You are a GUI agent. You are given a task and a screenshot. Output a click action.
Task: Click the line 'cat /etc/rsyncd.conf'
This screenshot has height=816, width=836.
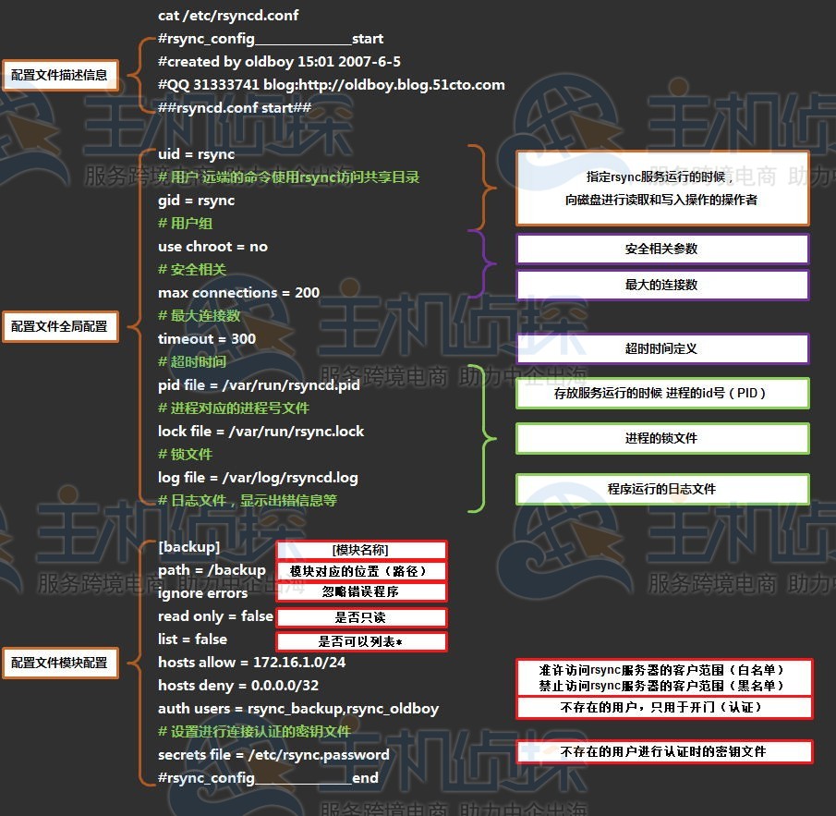228,16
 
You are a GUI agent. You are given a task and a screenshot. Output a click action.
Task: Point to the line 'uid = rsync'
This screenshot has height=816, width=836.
196,154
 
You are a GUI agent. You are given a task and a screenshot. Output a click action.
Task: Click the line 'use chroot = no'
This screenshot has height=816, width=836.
212,247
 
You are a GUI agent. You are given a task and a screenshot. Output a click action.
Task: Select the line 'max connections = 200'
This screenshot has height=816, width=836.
238,293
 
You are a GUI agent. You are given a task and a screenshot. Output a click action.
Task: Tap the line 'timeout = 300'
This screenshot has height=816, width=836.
207,339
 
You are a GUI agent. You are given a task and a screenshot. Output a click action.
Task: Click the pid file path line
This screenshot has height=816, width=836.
259,385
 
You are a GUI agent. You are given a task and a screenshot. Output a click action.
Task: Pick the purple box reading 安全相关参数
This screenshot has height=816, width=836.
661,250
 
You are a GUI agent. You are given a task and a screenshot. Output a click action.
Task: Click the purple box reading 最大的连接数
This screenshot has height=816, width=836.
661,286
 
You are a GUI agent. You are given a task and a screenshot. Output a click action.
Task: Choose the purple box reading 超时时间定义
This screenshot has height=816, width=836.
661,349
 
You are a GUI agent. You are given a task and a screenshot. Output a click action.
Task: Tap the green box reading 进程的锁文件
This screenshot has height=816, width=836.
661,439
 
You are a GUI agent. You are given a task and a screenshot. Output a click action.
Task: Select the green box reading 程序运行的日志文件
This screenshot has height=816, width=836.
661,489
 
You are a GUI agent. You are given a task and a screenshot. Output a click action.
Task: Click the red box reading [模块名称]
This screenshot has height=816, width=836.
360,550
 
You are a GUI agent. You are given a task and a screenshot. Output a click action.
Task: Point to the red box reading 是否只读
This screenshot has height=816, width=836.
360,618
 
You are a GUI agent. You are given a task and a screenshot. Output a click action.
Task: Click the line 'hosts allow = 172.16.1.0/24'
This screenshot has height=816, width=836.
251,663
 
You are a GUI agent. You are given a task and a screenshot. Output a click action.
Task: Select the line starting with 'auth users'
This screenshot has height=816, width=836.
297,709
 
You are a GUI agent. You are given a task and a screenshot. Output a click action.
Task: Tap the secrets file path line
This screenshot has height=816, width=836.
273,755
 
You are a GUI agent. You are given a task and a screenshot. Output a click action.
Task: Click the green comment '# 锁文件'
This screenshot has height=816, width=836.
185,455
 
